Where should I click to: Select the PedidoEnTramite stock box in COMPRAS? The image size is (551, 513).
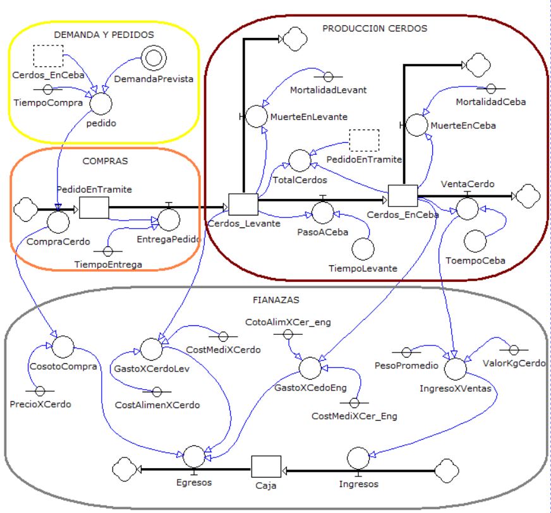tap(94, 207)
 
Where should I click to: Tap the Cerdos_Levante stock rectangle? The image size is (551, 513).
tap(243, 204)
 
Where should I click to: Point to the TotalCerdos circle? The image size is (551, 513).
tap(299, 160)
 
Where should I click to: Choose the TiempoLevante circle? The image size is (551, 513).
tap(363, 248)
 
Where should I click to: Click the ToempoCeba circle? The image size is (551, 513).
tap(475, 241)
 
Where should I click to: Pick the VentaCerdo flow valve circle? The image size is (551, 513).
tap(468, 208)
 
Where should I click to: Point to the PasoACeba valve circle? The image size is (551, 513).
tap(322, 213)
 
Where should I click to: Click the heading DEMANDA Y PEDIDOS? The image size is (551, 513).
tap(103, 35)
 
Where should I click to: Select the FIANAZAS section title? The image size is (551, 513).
tap(279, 300)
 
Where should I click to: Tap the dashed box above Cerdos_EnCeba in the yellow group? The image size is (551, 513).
tap(47, 56)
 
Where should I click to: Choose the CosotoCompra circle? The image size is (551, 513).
tap(63, 346)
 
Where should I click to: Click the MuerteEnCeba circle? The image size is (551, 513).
tap(416, 124)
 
